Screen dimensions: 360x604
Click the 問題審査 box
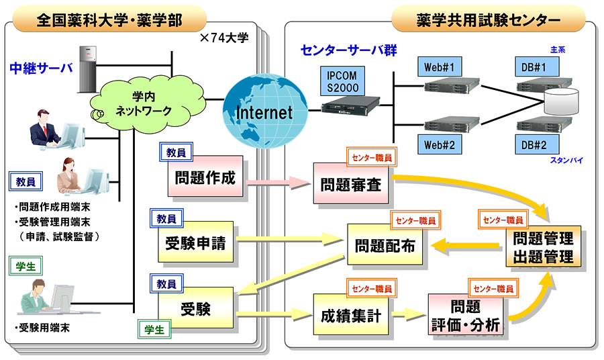350,184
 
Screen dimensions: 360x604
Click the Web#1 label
440,67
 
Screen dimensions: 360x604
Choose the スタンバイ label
565,161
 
